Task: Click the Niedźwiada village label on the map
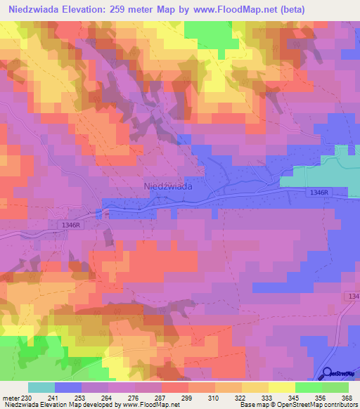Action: pos(168,186)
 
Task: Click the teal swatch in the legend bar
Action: pos(41,388)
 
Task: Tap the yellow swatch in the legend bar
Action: pos(281,388)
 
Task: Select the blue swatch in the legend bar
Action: pos(68,388)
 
